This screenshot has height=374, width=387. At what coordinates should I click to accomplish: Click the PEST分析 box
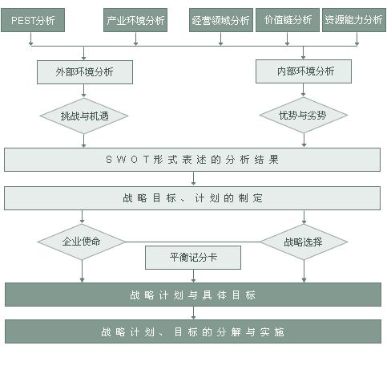pos(33,20)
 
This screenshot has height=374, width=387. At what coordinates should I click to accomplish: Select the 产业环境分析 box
pos(135,20)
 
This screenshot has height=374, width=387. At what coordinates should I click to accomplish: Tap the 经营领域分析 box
pos(221,20)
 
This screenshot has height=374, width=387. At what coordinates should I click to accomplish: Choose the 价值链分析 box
pos(288,20)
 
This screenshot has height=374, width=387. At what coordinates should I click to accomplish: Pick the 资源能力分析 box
pos(354,20)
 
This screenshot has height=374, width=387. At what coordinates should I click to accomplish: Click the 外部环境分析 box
pos(85,72)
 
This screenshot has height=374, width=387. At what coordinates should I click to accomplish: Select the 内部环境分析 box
pos(304,71)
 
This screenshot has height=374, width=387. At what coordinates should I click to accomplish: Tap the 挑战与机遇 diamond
pos(84,116)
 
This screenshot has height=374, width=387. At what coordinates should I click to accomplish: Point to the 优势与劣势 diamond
pos(304,115)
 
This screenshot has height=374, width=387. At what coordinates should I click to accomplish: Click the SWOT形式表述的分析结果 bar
pos(192,160)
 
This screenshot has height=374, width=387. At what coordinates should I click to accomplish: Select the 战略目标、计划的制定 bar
pos(192,198)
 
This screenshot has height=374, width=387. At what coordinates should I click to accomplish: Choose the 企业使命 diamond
pos(82,242)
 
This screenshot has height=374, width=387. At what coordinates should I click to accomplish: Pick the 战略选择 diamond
pos(304,242)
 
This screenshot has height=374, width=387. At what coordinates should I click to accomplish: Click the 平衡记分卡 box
pos(193,258)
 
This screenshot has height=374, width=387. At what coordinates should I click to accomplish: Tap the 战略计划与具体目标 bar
pos(193,295)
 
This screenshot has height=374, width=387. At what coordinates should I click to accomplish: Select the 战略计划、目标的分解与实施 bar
pos(193,331)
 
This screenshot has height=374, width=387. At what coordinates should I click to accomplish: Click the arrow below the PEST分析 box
pos(30,39)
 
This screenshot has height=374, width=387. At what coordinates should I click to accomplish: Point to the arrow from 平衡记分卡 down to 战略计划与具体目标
pos(193,276)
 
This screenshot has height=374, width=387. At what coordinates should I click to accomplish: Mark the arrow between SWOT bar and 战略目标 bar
pos(193,178)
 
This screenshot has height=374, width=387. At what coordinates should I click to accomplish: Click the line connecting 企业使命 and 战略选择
pos(192,242)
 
